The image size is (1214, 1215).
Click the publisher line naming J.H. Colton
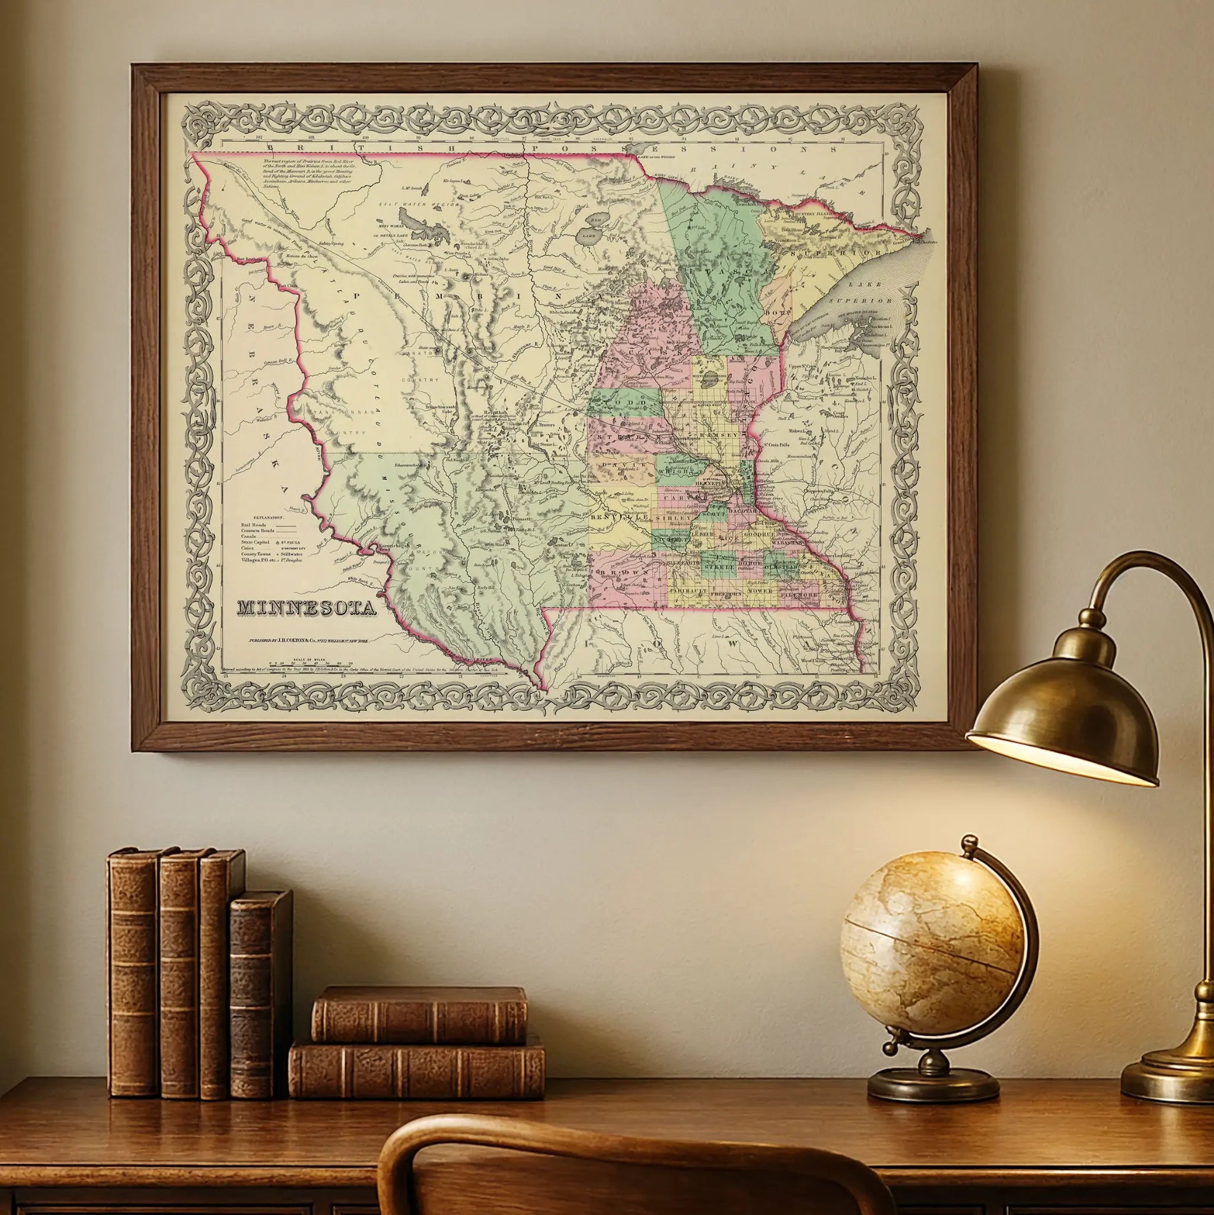pos(307,640)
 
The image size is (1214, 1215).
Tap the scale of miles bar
pos(311,663)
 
